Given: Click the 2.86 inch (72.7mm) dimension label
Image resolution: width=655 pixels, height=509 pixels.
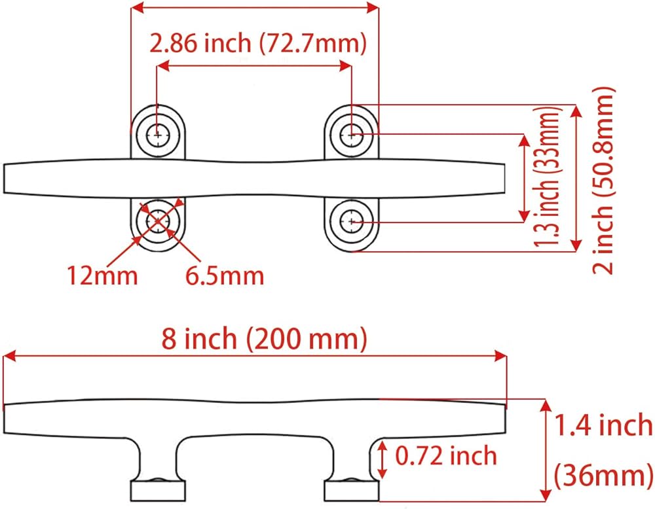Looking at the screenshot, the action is point(257,43).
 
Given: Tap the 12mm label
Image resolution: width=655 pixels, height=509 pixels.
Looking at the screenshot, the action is point(102,276).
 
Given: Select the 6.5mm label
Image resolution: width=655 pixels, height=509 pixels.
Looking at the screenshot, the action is point(225,276).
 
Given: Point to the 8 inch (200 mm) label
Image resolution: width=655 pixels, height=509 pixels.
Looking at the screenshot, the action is point(265,338).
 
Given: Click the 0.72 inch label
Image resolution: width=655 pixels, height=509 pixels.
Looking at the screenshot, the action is point(446,455).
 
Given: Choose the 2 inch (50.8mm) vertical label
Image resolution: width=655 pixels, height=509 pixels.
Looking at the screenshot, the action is point(603,180).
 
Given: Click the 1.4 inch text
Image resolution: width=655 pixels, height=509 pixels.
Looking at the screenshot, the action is point(603,425).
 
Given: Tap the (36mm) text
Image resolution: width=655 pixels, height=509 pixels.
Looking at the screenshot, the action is point(603,475).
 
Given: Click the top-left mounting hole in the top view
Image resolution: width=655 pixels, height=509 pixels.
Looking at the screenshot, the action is point(158,135).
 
